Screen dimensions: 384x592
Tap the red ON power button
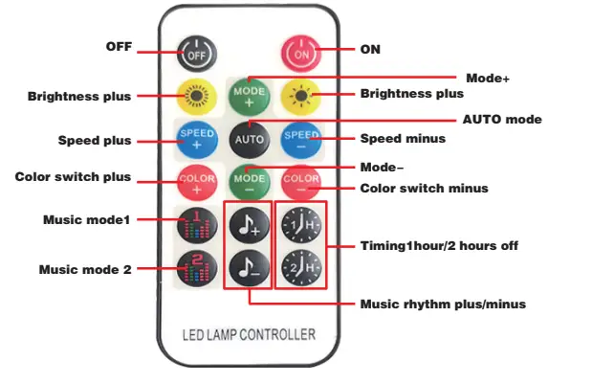coord(301,55)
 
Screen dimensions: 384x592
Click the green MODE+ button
coord(249,96)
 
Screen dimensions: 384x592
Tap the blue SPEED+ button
coord(197,138)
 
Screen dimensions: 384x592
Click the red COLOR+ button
coord(197,179)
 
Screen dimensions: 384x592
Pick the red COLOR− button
coord(301,179)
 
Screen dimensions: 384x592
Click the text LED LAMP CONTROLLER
coord(249,334)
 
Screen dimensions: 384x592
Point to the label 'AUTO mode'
coord(502,120)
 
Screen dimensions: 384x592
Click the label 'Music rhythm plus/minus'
coord(442,305)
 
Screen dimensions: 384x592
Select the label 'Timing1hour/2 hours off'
coord(439,246)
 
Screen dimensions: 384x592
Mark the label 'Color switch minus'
coord(424,188)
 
